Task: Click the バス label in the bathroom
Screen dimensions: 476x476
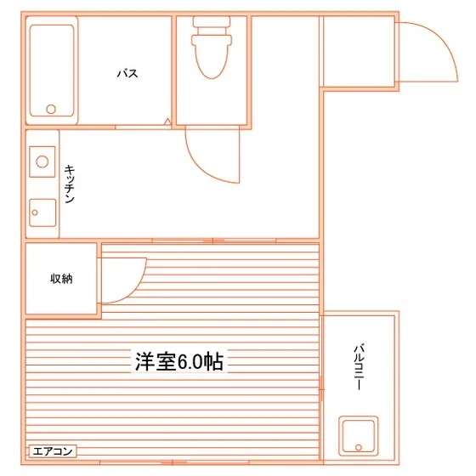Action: point(127,73)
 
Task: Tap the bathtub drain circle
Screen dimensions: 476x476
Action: point(51,109)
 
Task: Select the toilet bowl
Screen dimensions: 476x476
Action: point(212,57)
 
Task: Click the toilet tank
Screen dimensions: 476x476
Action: point(212,22)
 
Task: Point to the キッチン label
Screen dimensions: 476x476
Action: point(69,184)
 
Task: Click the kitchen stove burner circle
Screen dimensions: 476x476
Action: point(42,161)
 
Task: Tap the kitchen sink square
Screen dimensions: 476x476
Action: point(42,212)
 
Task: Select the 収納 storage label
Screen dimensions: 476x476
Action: point(61,279)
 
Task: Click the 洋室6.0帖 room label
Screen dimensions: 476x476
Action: point(179,361)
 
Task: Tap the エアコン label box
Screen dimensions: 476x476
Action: point(53,451)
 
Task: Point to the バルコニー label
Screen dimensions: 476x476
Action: point(359,366)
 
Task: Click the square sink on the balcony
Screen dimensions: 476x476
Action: point(358,436)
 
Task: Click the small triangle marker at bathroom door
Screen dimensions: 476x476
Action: point(167,122)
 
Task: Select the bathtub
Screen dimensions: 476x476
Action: point(52,71)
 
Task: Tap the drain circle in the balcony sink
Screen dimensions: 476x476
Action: point(359,447)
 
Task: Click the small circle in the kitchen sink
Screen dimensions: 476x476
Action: point(35,212)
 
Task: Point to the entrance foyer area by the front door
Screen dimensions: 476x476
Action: point(359,52)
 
